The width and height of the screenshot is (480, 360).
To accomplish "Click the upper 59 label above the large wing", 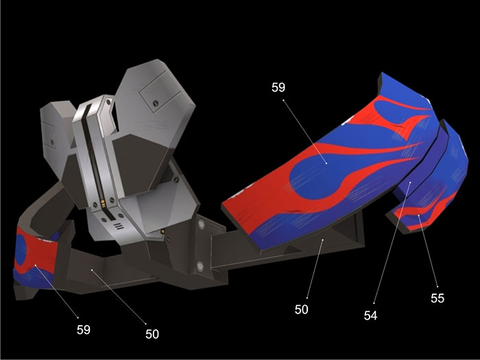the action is (x=278, y=88).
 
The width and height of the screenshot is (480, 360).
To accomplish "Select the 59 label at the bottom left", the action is (x=84, y=330).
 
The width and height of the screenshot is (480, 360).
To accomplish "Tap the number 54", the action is (x=370, y=315).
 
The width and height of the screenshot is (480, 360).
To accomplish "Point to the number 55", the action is (x=437, y=298).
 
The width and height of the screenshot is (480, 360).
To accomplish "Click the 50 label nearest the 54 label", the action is (x=301, y=310).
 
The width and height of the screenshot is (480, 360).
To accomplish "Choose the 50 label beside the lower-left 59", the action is (x=152, y=334).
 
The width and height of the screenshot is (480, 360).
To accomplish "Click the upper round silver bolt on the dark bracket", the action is (x=201, y=225).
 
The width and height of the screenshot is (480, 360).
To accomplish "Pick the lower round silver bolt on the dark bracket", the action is (x=200, y=266).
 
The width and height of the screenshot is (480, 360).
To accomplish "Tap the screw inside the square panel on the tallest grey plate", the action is (x=156, y=103).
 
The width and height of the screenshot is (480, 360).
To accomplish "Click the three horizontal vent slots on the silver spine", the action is (x=119, y=226).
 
